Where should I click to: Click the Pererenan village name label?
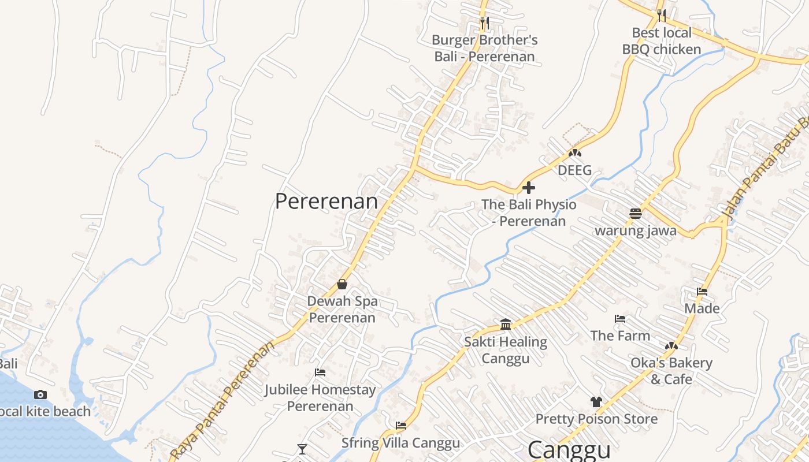pyautogui.click(x=326, y=202)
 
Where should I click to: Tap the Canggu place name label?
pyautogui.click(x=569, y=450)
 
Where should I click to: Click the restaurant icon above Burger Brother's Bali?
pyautogui.click(x=485, y=23)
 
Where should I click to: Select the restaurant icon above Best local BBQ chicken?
pyautogui.click(x=662, y=15)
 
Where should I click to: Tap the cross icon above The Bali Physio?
pyautogui.click(x=529, y=188)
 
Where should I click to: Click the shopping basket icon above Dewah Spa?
pyautogui.click(x=342, y=284)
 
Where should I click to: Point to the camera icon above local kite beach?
pyautogui.click(x=40, y=395)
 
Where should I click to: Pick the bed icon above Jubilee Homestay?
pyautogui.click(x=320, y=372)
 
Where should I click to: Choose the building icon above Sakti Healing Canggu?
pyautogui.click(x=506, y=324)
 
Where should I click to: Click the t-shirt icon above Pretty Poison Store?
pyautogui.click(x=596, y=402)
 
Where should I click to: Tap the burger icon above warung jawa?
pyautogui.click(x=636, y=214)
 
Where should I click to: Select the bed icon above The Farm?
pyautogui.click(x=620, y=318)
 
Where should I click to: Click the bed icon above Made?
pyautogui.click(x=702, y=292)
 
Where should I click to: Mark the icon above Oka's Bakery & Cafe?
pyautogui.click(x=671, y=346)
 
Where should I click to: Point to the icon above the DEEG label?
pyautogui.click(x=574, y=153)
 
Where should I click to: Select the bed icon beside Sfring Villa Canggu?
pyautogui.click(x=401, y=426)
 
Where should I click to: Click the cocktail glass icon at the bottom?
pyautogui.click(x=302, y=449)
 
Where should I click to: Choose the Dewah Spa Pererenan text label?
pyautogui.click(x=342, y=310)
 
